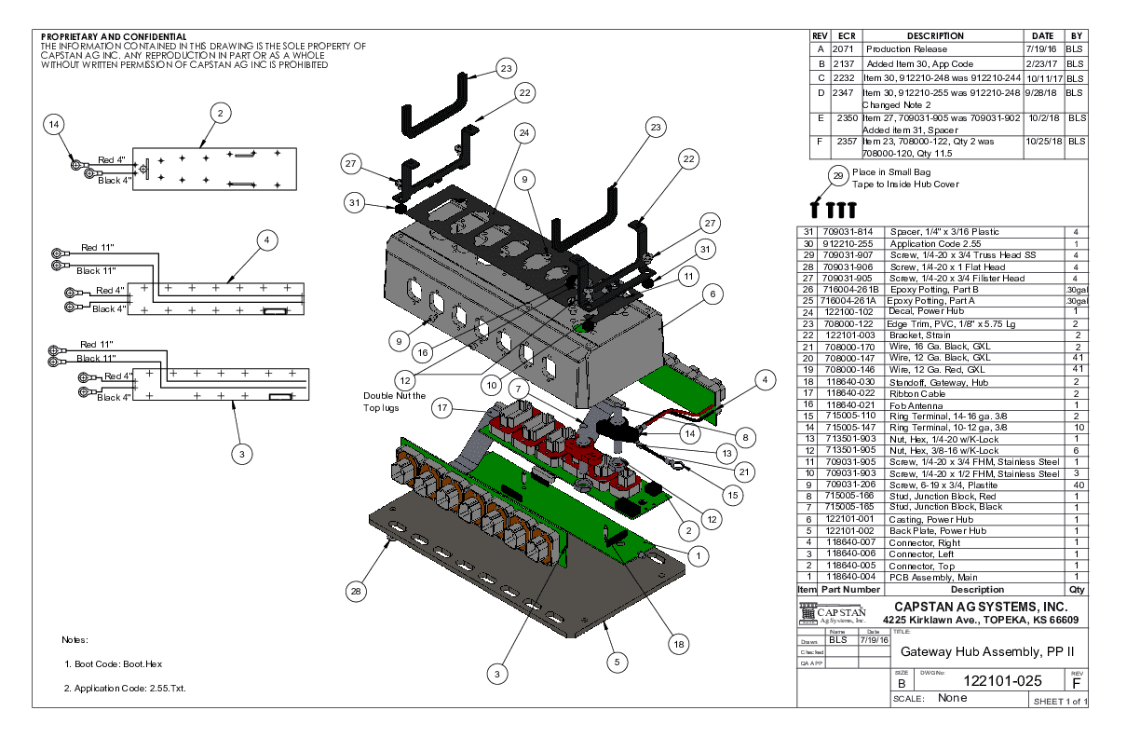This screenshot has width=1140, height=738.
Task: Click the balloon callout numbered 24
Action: click(x=525, y=134)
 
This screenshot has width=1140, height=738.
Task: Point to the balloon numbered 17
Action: click(x=443, y=407)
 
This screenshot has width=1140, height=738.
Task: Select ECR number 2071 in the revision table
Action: click(x=843, y=48)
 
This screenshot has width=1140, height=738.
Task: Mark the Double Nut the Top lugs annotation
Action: click(x=394, y=402)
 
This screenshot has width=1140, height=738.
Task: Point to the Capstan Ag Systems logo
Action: click(x=833, y=614)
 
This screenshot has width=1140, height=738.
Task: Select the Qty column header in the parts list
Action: click(x=1078, y=589)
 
